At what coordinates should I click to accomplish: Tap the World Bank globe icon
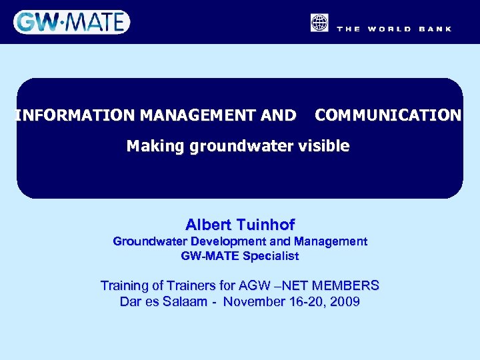pos(319,23)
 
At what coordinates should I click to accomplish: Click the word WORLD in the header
pos(389,29)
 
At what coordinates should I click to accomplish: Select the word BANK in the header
pos(435,29)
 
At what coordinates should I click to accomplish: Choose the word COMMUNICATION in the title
pos(388,115)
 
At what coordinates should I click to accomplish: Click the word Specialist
pos(271,255)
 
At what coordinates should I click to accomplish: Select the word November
pos(252,302)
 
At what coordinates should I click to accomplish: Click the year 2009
pos(345,302)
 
